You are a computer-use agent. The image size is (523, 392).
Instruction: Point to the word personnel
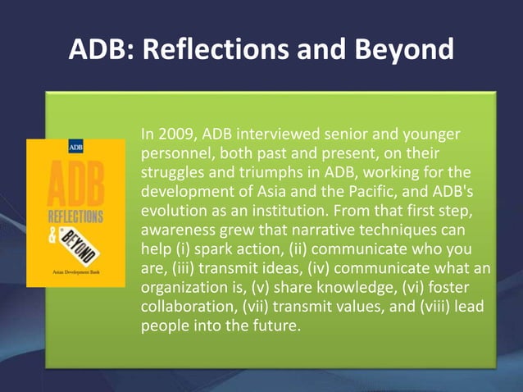coord(174,153)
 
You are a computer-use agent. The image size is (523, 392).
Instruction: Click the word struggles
coord(174,173)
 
